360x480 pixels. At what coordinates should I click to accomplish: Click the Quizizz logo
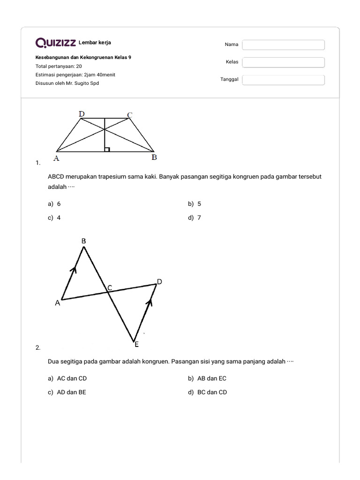[x=56, y=43]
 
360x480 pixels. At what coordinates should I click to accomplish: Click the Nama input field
[x=283, y=45]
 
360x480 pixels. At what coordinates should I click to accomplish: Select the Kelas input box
[x=283, y=62]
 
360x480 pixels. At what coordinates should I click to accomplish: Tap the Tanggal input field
[x=283, y=80]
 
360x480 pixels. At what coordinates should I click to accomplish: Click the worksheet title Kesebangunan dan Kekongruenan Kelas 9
[x=83, y=57]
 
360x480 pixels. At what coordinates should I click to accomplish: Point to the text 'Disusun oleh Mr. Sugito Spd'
[x=67, y=83]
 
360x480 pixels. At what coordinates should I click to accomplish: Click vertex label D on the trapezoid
[x=82, y=114]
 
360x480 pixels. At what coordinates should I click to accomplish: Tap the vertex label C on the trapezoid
[x=130, y=115]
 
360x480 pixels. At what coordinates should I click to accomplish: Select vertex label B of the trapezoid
[x=154, y=158]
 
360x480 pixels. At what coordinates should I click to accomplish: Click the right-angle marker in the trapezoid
[x=107, y=149]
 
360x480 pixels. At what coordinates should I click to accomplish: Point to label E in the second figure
[x=136, y=344]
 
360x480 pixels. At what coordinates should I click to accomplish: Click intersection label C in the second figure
[x=110, y=287]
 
